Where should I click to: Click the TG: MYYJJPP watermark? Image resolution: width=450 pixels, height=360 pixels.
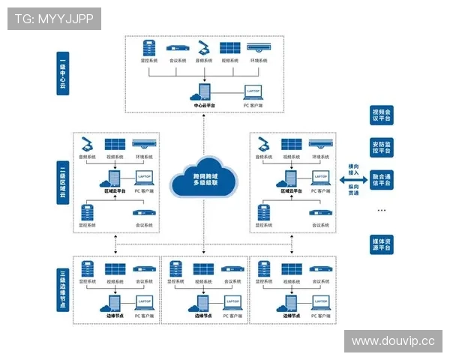point(54,18)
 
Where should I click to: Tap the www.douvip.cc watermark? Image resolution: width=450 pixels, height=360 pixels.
point(393,341)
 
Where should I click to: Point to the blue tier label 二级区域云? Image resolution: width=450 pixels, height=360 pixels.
point(63,182)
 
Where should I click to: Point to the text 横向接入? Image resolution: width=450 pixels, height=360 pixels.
point(353,169)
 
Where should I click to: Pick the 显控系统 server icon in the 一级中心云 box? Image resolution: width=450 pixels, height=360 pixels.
point(149,46)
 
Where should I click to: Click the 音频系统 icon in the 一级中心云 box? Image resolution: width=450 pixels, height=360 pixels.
point(204,46)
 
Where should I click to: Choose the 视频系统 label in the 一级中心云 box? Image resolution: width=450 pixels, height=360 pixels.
point(230,60)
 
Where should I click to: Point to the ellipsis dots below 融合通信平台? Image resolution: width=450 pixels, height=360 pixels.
point(380,210)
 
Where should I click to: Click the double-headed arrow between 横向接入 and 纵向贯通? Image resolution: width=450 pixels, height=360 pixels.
point(353,181)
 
